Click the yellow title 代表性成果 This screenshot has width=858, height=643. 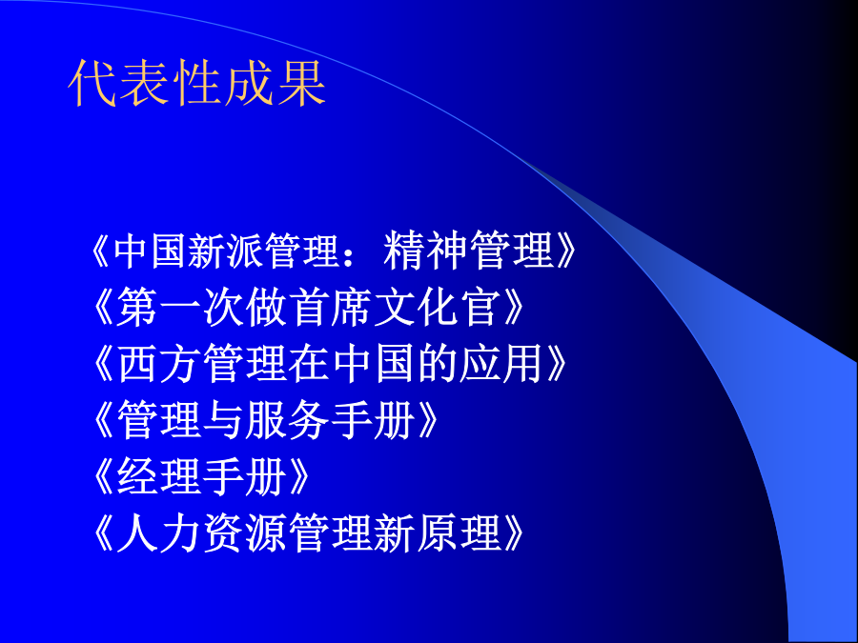coord(197,83)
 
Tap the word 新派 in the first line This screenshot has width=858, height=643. coord(223,250)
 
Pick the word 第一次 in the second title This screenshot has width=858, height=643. coord(180,308)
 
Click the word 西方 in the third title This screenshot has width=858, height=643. coord(159,364)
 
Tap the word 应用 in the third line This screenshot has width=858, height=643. coord(500,364)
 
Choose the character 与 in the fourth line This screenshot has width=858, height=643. coord(223,420)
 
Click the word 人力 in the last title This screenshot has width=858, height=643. coord(159,532)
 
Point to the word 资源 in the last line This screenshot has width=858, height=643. coord(245,532)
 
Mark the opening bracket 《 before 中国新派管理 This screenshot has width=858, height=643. coord(101,251)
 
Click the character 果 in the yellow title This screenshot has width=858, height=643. coord(301,83)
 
